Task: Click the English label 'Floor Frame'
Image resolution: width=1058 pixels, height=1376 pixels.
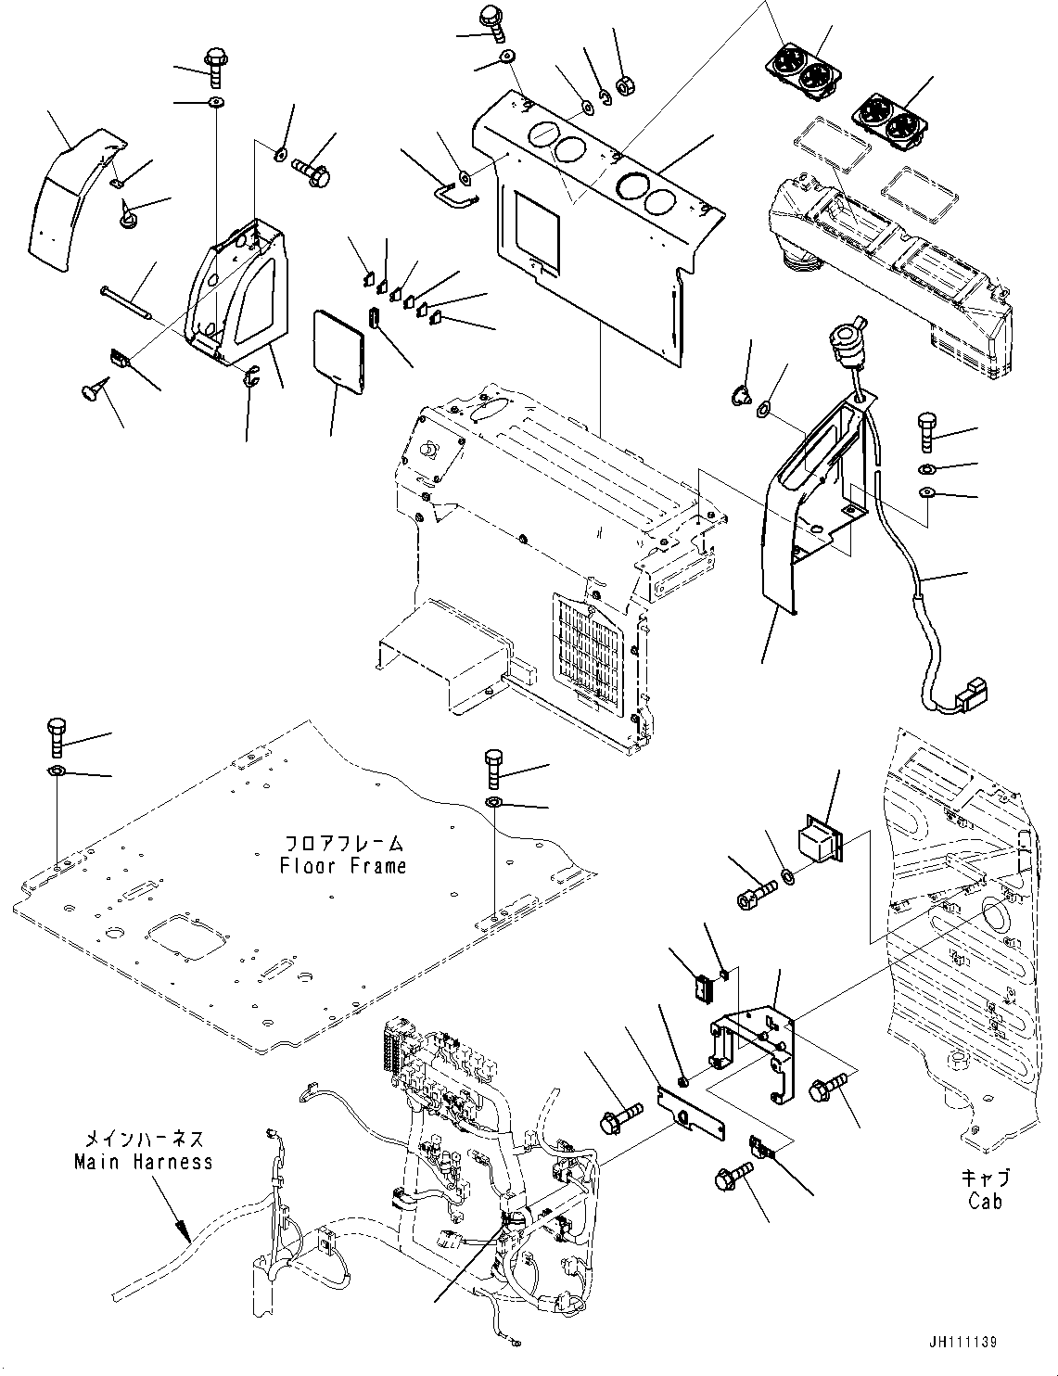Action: point(343,866)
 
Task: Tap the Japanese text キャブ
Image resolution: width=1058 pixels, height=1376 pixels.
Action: point(985,1179)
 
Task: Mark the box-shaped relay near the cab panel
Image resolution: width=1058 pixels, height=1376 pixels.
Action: point(818,839)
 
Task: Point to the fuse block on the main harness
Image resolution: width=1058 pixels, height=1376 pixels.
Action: point(399,1053)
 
